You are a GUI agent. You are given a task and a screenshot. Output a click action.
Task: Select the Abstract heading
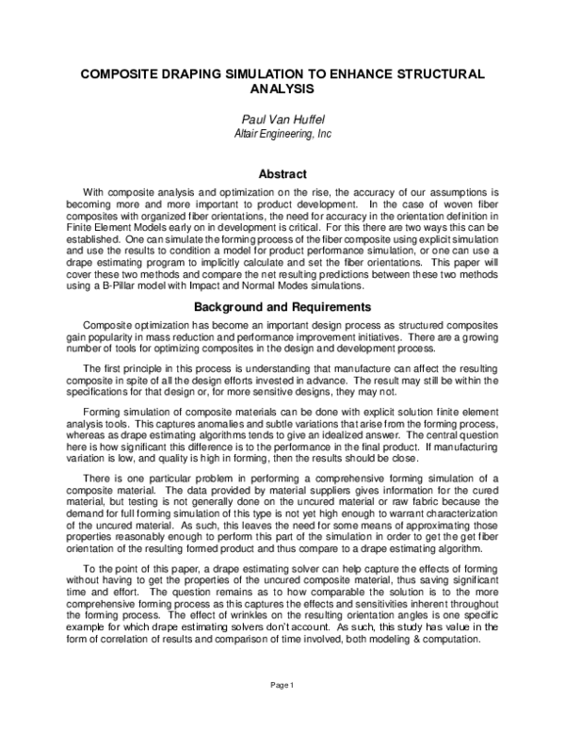pyautogui.click(x=282, y=174)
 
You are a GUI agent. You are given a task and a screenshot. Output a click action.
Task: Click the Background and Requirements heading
pyautogui.click(x=282, y=307)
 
